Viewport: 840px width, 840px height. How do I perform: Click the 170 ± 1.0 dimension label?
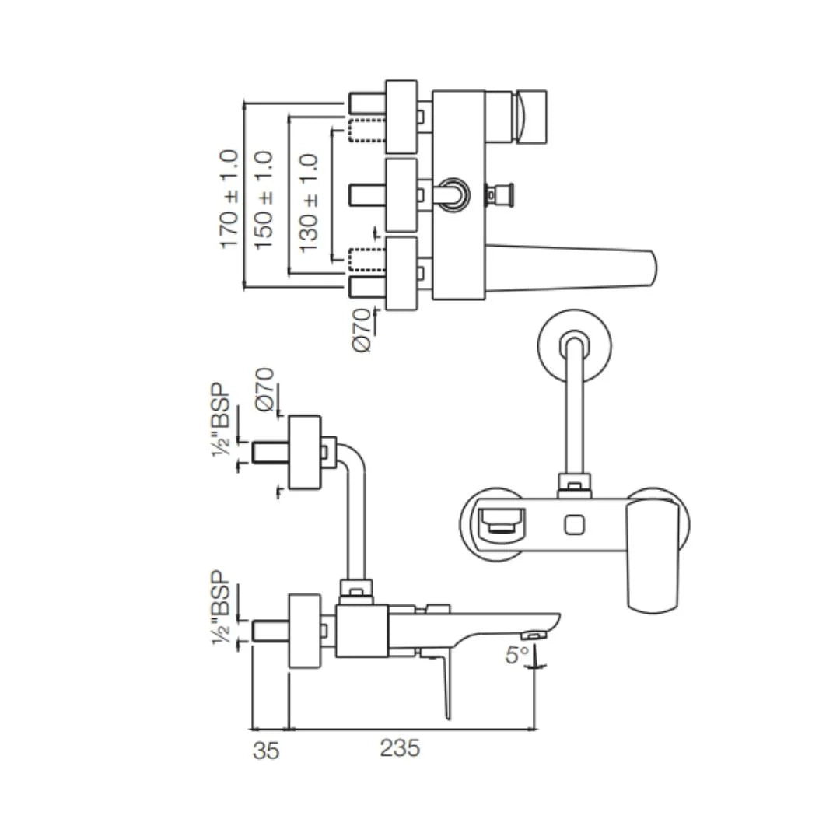pyautogui.click(x=229, y=198)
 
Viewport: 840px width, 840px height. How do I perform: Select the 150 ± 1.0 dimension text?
pyautogui.click(x=264, y=200)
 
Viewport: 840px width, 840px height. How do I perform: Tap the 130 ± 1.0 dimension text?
pyautogui.click(x=309, y=202)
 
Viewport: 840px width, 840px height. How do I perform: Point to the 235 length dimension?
pyautogui.click(x=400, y=748)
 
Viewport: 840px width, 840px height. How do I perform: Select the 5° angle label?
pyautogui.click(x=516, y=655)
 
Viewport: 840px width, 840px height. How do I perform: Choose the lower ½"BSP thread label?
pyautogui.click(x=222, y=608)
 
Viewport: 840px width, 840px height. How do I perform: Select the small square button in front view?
pyautogui.click(x=575, y=527)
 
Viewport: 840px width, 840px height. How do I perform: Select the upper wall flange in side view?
pyautogui.click(x=304, y=453)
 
